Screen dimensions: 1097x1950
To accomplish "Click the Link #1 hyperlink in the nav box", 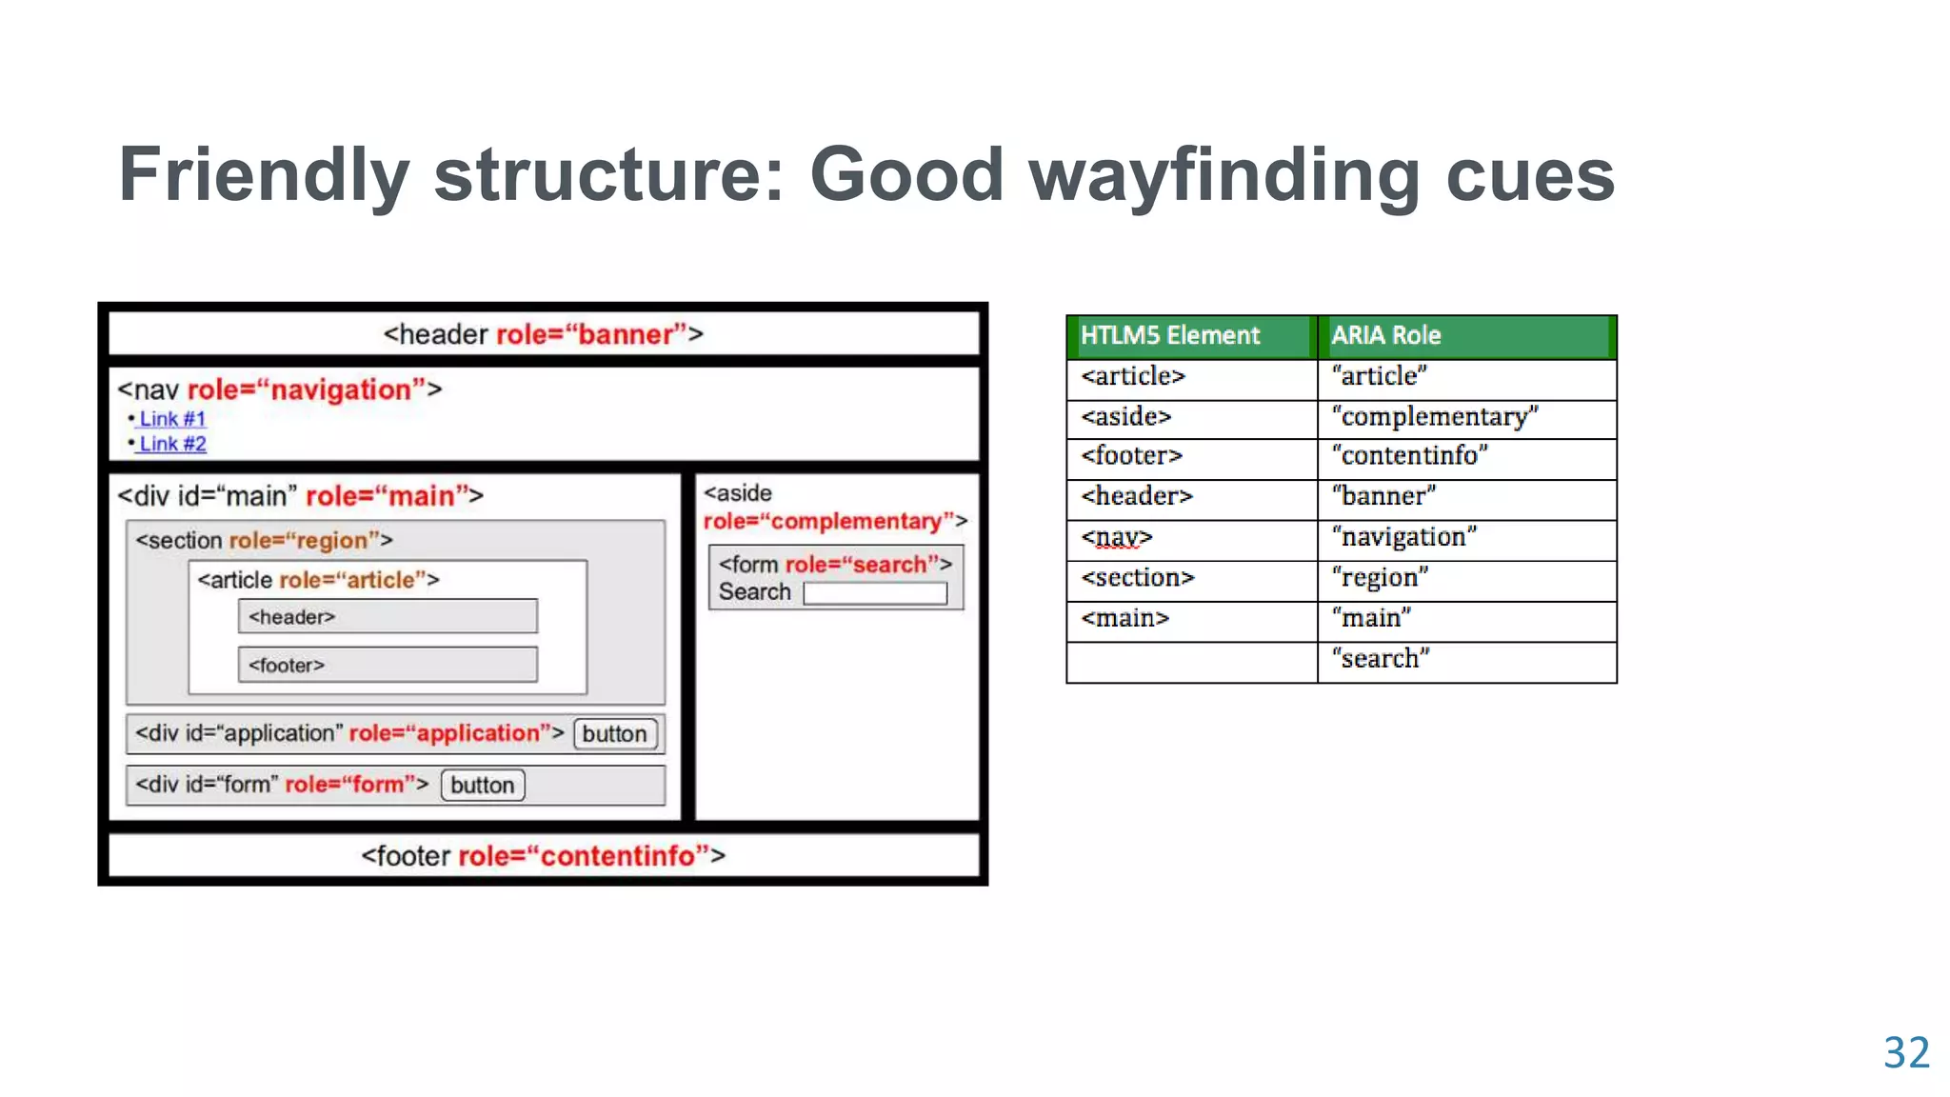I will pos(172,419).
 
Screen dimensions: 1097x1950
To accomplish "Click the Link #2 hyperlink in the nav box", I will pos(172,444).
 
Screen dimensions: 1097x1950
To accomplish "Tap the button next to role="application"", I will pos(614,734).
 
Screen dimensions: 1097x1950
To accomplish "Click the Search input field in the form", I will pos(875,594).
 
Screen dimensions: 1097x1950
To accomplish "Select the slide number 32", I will pos(1905,1053).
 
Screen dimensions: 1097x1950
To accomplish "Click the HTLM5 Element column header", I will pos(1169,336).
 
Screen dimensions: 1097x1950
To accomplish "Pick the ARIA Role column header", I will pos(1385,336).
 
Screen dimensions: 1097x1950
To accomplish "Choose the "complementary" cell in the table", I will pos(1435,417).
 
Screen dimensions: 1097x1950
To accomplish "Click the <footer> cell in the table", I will pos(1132,456).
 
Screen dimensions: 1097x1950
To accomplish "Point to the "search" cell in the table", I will pos(1381,659).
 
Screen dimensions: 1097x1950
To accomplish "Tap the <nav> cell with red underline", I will pos(1117,538).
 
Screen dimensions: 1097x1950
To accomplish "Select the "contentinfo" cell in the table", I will pos(1410,456).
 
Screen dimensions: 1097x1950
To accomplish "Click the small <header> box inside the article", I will pos(388,617).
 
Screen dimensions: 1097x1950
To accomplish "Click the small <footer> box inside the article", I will pos(388,666).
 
